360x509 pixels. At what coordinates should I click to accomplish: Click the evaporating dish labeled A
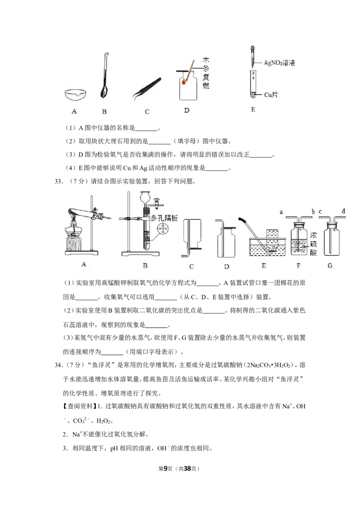[76, 94]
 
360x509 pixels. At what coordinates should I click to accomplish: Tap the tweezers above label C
[147, 88]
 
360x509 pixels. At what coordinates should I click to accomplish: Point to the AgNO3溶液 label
[279, 63]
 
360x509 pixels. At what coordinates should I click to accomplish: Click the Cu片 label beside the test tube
[271, 95]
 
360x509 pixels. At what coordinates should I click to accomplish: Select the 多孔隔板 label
[164, 218]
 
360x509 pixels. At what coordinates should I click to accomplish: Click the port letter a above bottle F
[281, 212]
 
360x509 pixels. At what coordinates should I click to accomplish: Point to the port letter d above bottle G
[343, 211]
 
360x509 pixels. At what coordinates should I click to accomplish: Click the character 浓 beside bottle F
[313, 235]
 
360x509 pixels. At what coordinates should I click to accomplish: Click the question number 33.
[58, 182]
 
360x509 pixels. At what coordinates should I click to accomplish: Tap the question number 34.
[58, 365]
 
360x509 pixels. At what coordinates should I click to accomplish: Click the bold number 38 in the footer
[188, 469]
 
